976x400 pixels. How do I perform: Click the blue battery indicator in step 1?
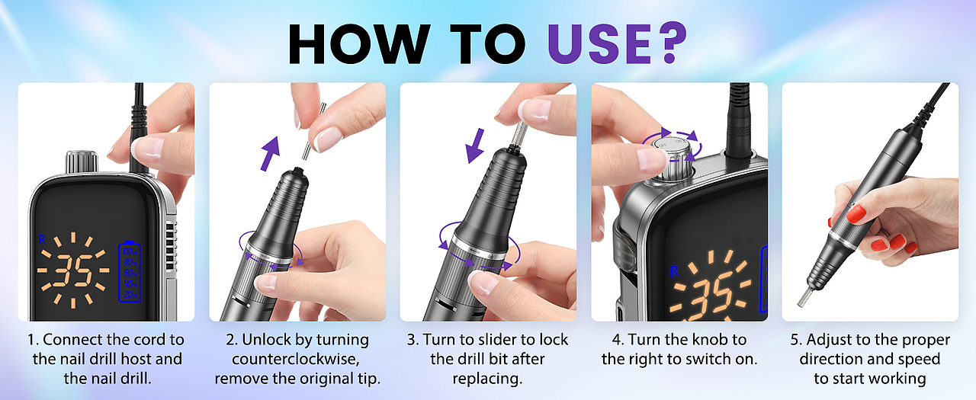click(x=130, y=271)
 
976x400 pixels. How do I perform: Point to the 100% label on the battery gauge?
click(x=130, y=251)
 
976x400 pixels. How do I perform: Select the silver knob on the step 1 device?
click(x=82, y=162)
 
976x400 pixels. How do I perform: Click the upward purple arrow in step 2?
click(x=270, y=153)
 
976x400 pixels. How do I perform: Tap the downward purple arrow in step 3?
click(x=475, y=146)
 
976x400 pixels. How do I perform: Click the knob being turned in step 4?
click(x=675, y=159)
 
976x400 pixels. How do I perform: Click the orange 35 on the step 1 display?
click(x=74, y=270)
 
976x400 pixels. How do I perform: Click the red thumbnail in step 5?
click(x=856, y=213)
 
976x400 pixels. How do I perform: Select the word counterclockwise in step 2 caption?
click(x=296, y=359)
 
